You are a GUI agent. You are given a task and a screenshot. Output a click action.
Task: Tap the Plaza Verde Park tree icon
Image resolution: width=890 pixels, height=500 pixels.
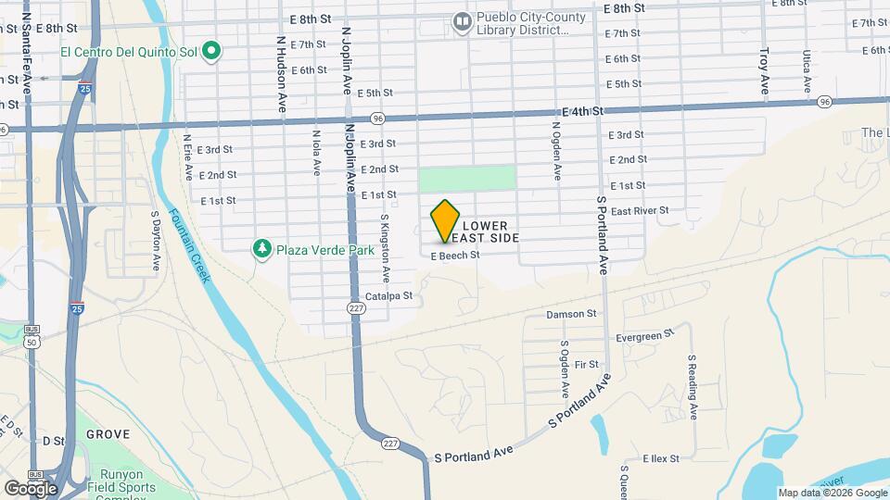pyautogui.click(x=262, y=249)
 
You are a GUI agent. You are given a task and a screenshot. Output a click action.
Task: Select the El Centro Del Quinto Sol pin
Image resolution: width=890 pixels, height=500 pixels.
pyautogui.click(x=211, y=51)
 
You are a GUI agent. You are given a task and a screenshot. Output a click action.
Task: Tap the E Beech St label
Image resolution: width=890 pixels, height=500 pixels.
pyautogui.click(x=454, y=255)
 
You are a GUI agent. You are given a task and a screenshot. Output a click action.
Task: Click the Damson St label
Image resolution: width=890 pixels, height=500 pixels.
pyautogui.click(x=571, y=314)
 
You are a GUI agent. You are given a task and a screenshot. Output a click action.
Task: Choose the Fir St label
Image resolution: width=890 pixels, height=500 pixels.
pyautogui.click(x=587, y=365)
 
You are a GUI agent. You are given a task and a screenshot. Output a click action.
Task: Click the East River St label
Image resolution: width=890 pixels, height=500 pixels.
pyautogui.click(x=640, y=211)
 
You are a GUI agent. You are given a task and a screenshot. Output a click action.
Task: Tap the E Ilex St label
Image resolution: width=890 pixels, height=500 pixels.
pyautogui.click(x=661, y=458)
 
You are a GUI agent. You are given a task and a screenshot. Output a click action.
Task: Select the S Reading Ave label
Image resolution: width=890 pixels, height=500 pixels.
pyautogui.click(x=692, y=380)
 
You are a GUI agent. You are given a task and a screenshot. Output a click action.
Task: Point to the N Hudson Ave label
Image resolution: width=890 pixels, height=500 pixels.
pyautogui.click(x=280, y=74)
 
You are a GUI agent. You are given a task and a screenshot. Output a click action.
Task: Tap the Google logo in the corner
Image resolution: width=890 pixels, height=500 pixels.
pyautogui.click(x=30, y=488)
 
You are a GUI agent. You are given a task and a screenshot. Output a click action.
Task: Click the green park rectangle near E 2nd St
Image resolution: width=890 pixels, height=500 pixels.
pyautogui.click(x=466, y=178)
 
